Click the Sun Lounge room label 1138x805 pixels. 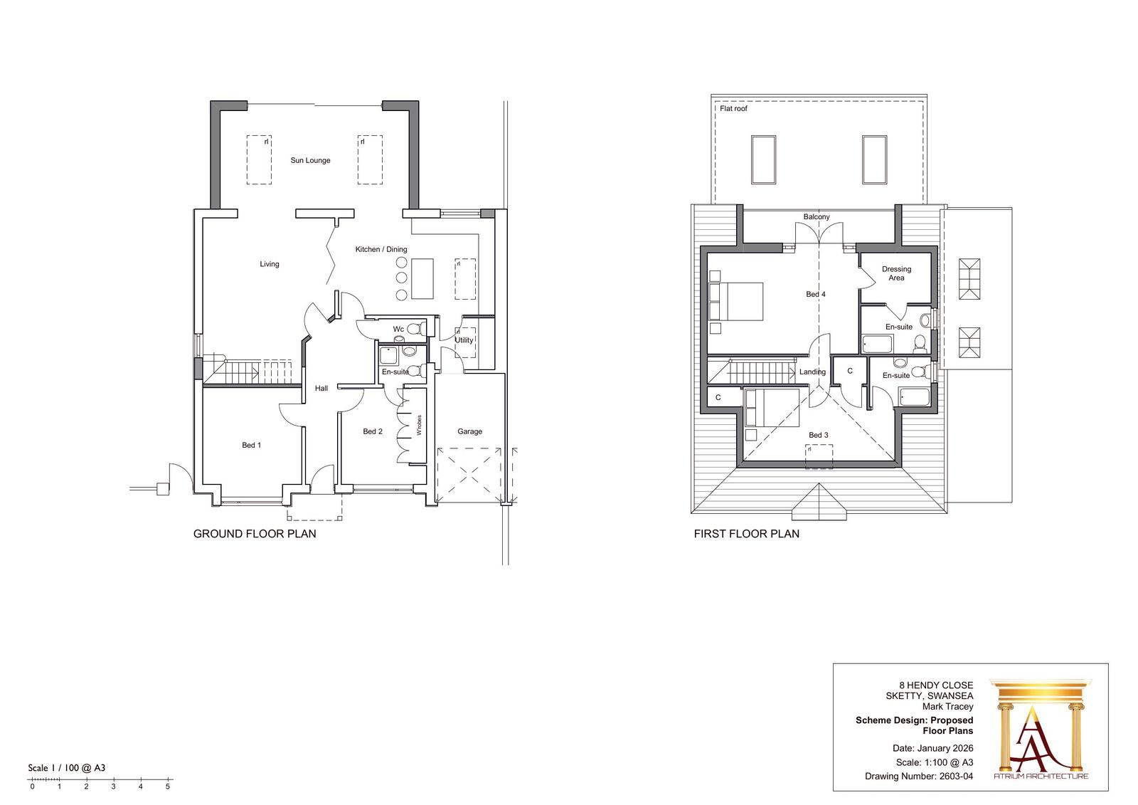click(x=310, y=160)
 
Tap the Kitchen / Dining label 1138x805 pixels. click(x=381, y=249)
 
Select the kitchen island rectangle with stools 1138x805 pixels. click(x=422, y=278)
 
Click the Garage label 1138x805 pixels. click(x=469, y=431)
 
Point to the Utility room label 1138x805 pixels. click(x=464, y=340)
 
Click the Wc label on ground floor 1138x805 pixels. click(x=398, y=329)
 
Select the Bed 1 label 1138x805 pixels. click(x=251, y=445)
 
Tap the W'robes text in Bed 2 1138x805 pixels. click(x=420, y=425)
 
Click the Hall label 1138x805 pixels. click(x=321, y=388)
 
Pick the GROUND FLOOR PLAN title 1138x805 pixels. click(x=255, y=534)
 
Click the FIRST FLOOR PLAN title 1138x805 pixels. click(x=746, y=534)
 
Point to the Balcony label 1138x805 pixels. click(x=817, y=217)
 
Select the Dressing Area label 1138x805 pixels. click(x=896, y=273)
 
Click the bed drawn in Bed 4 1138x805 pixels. click(x=735, y=301)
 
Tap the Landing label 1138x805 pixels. click(x=812, y=372)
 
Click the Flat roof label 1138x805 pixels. click(x=733, y=109)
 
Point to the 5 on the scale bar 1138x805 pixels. click(x=168, y=786)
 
